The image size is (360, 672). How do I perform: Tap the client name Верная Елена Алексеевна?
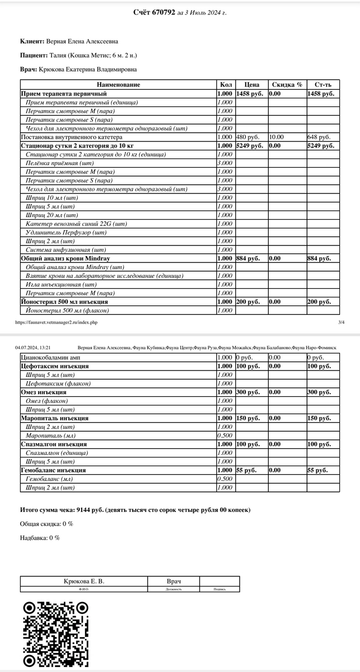pyautogui.click(x=85, y=41)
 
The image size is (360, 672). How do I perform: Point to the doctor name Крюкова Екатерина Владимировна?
pyautogui.click(x=88, y=69)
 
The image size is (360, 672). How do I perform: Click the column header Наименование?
pyautogui.click(x=118, y=84)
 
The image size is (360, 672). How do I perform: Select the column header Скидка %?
pyautogui.click(x=287, y=84)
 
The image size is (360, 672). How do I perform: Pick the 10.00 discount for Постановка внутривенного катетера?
pyautogui.click(x=276, y=137)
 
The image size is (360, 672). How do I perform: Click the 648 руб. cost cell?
pyautogui.click(x=319, y=137)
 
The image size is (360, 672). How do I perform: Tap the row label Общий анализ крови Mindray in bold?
pyautogui.click(x=65, y=258)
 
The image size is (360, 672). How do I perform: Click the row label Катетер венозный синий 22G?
pyautogui.click(x=76, y=224)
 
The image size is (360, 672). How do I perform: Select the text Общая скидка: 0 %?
pyautogui.click(x=46, y=524)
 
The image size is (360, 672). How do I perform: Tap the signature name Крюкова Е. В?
pyautogui.click(x=84, y=581)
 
